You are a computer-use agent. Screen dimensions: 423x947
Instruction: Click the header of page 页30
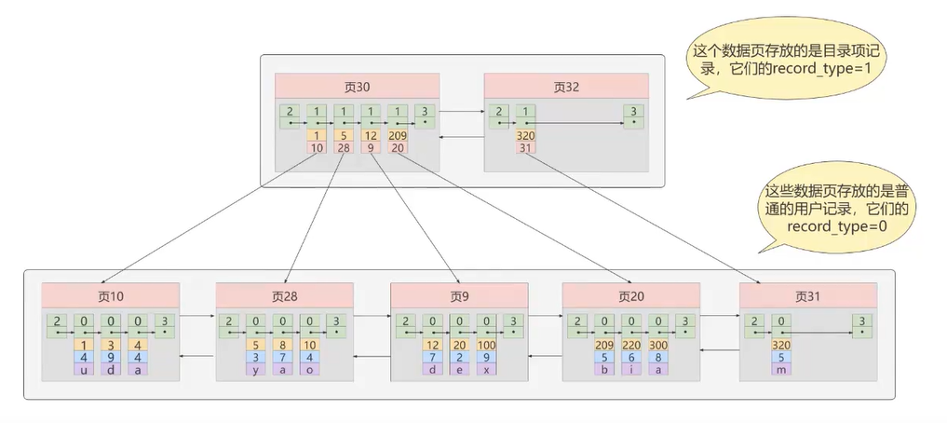tap(357, 87)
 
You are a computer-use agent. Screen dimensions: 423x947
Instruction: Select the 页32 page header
tap(566, 87)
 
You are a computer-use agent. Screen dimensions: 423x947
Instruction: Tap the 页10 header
tap(110, 296)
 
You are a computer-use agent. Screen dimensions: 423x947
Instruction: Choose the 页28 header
tap(284, 296)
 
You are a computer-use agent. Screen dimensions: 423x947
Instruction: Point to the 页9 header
tap(458, 296)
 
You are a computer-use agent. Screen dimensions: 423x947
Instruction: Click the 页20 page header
tap(630, 296)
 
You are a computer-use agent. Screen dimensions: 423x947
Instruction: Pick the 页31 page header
tap(807, 296)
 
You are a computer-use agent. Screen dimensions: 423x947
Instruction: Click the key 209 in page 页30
tap(399, 135)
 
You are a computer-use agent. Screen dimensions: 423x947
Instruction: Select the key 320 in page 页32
tap(525, 135)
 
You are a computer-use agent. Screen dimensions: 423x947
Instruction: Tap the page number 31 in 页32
tap(525, 147)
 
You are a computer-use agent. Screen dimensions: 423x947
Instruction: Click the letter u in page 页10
tap(84, 369)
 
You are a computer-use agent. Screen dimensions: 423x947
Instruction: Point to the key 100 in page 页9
tap(484, 345)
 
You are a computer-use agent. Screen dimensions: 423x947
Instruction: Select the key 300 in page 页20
tap(658, 345)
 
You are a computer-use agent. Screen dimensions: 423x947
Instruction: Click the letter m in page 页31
tap(781, 369)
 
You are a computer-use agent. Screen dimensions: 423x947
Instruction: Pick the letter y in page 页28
tap(258, 369)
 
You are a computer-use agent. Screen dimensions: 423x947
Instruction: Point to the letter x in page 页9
tap(484, 369)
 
